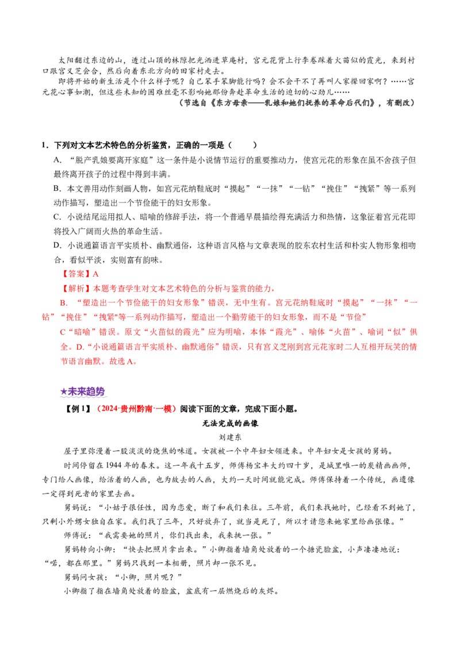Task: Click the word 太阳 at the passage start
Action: click(x=65, y=60)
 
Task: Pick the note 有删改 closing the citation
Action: click(x=400, y=104)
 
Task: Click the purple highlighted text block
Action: click(x=84, y=393)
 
